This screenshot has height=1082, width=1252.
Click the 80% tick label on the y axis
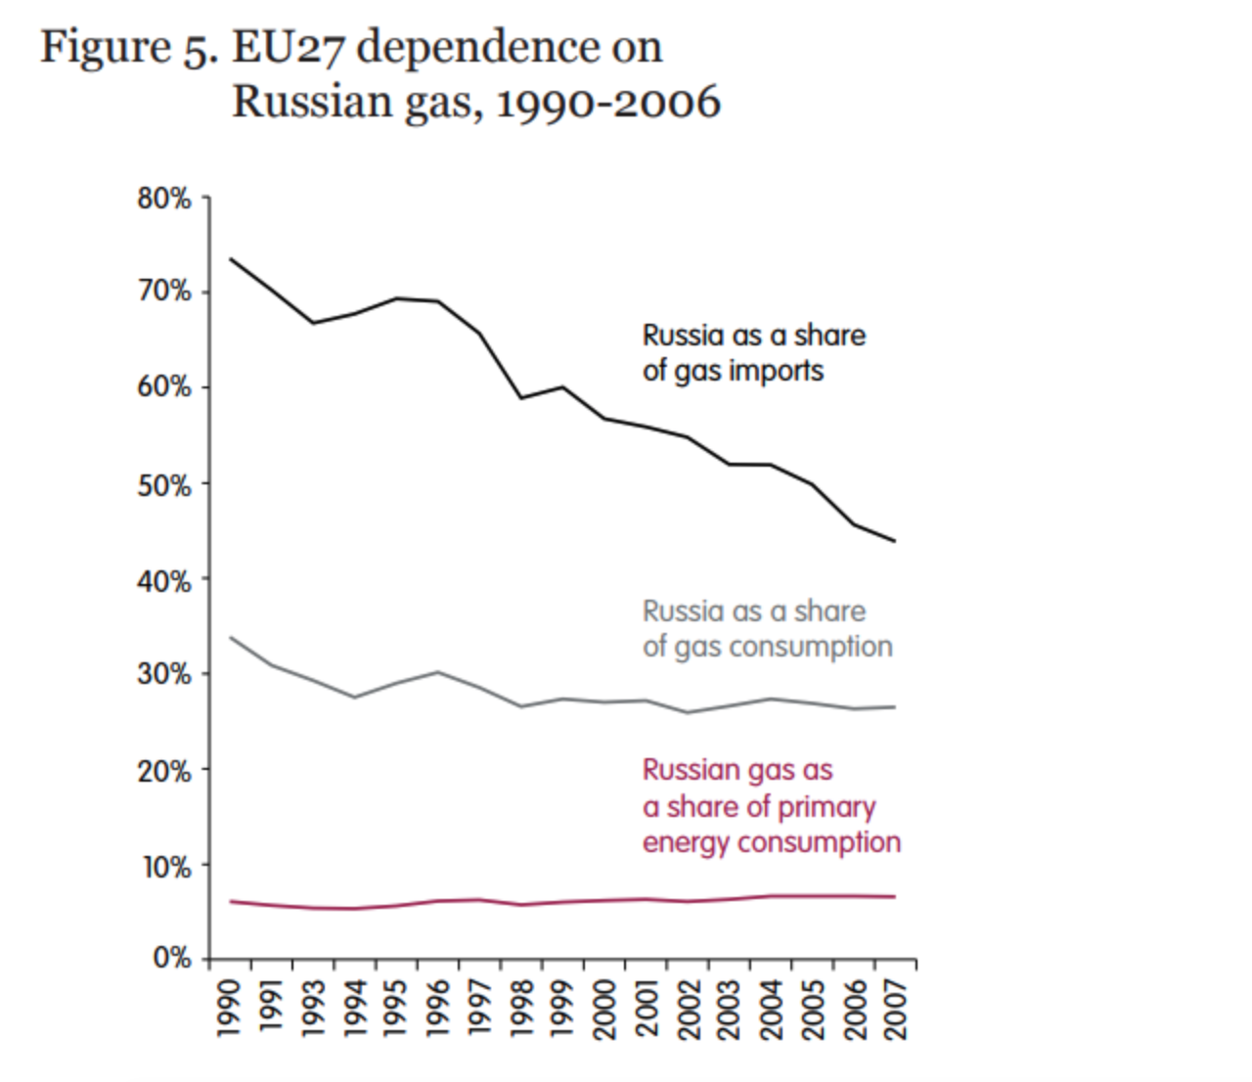[x=164, y=199]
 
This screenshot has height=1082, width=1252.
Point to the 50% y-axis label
[x=164, y=484]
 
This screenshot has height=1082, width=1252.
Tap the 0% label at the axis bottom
[x=172, y=958]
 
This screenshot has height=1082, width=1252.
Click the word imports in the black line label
[x=776, y=372]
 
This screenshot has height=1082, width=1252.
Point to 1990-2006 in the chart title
[x=608, y=102]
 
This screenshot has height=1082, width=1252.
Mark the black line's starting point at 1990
[x=231, y=259]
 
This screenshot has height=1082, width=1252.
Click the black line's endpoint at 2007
[x=894, y=541]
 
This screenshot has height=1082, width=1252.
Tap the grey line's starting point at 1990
[x=231, y=638]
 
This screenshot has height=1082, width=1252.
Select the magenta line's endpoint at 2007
[x=894, y=897]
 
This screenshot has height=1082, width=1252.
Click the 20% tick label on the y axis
[x=164, y=772]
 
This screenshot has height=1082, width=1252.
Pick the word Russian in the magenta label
[x=688, y=771]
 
